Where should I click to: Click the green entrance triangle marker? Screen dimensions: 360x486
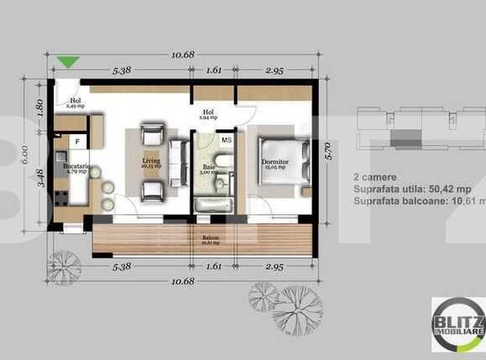click(x=69, y=61)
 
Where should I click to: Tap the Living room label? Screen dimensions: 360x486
click(x=152, y=162)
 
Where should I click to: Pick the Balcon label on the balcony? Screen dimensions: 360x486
click(x=210, y=238)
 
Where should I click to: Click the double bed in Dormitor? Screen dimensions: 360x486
click(x=277, y=164)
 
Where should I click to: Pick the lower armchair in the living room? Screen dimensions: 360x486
click(x=153, y=192)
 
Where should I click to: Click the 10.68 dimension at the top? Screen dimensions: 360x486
click(x=183, y=55)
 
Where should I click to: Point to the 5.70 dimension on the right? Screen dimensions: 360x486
click(x=330, y=152)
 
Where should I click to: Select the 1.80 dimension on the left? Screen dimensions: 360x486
click(x=39, y=107)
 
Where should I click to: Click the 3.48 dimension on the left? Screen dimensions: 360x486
click(x=39, y=179)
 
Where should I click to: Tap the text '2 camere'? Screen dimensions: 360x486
click(x=369, y=178)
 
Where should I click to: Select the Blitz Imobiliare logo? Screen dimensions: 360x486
click(x=457, y=324)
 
